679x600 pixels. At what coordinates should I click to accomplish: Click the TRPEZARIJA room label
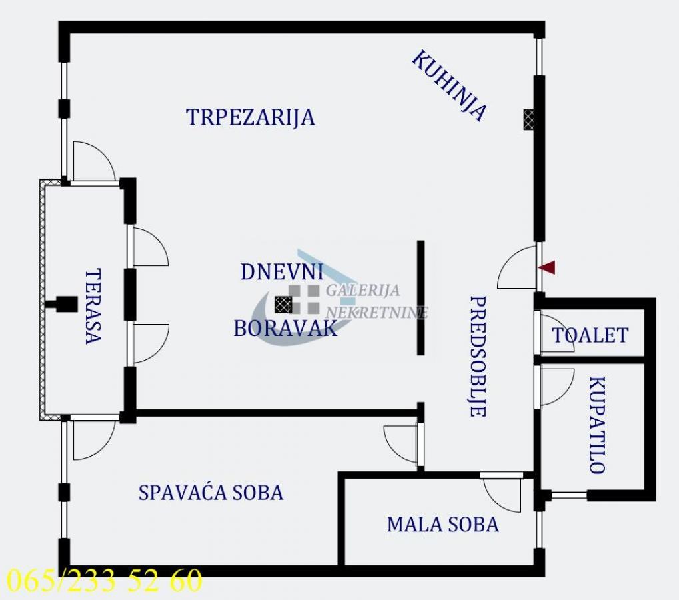pyautogui.click(x=251, y=117)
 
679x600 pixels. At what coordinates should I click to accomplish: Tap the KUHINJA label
pyautogui.click(x=449, y=85)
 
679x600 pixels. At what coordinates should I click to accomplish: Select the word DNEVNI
pyautogui.click(x=283, y=272)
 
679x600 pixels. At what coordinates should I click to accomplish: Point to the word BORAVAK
pyautogui.click(x=285, y=329)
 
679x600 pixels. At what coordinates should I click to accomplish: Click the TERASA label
pyautogui.click(x=93, y=306)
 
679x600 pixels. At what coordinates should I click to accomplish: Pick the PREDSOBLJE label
pyautogui.click(x=478, y=356)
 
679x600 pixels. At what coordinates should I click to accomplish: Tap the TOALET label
pyautogui.click(x=590, y=335)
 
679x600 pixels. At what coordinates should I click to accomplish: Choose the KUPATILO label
pyautogui.click(x=597, y=425)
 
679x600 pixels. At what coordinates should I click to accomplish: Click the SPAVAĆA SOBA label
pyautogui.click(x=211, y=493)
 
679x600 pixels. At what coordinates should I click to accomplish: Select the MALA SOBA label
pyautogui.click(x=443, y=525)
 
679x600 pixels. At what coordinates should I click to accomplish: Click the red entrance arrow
pyautogui.click(x=546, y=267)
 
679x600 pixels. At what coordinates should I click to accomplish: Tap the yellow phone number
pyautogui.click(x=105, y=579)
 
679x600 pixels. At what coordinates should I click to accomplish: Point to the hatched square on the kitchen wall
pyautogui.click(x=528, y=119)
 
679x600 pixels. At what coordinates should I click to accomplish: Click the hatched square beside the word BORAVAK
pyautogui.click(x=283, y=305)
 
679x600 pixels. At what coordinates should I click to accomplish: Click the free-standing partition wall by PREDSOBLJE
pyautogui.click(x=420, y=297)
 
